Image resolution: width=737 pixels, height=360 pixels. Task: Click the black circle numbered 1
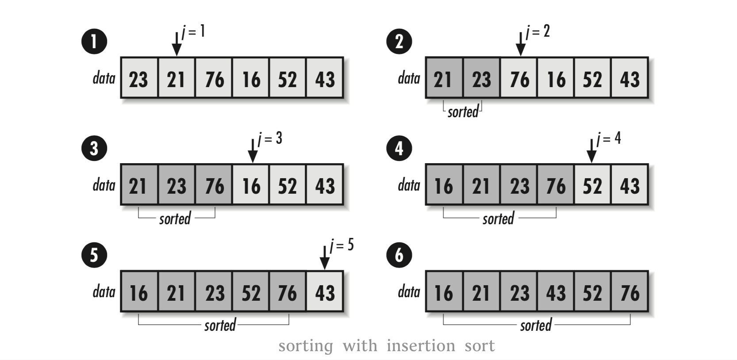[x=94, y=42]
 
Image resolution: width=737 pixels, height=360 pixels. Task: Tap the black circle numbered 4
[x=399, y=149]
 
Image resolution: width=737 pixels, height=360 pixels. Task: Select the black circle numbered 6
[x=399, y=255]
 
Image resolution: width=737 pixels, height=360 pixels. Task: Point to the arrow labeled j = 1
[x=177, y=43]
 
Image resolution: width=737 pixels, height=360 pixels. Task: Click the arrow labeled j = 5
[x=325, y=257]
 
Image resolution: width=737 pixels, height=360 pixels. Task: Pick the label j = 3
[x=270, y=139]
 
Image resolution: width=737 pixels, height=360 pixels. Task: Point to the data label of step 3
[x=104, y=185]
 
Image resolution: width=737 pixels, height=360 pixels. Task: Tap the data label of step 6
[x=409, y=292]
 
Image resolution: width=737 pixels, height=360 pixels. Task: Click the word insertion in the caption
[x=421, y=346]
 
